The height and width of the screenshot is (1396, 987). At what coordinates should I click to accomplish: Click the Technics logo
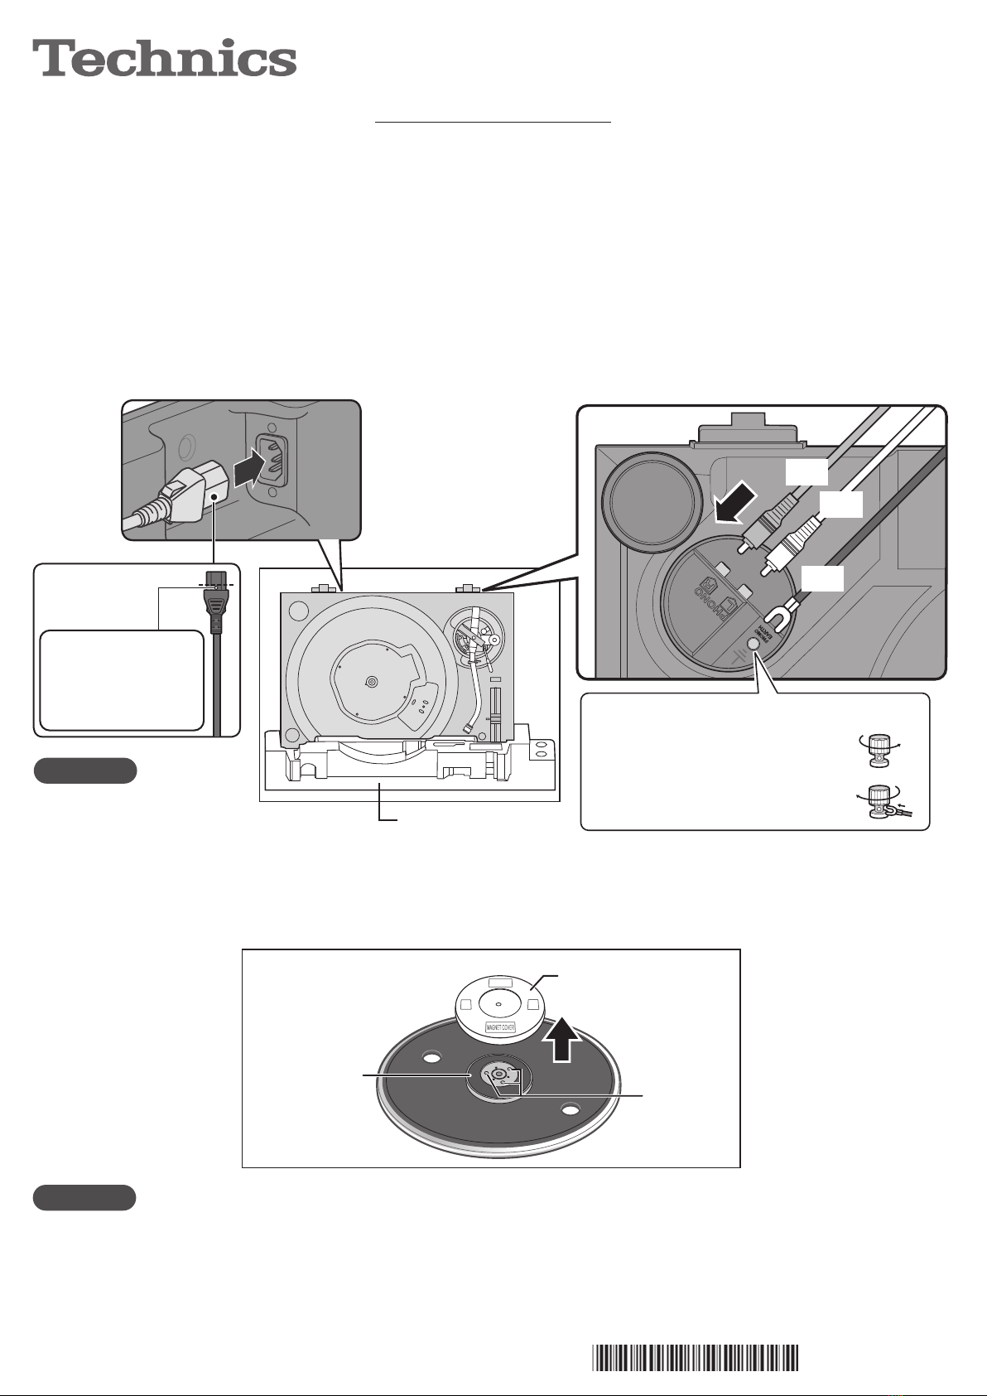[x=165, y=59]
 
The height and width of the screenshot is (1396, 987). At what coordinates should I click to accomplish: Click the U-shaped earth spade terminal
[x=779, y=616]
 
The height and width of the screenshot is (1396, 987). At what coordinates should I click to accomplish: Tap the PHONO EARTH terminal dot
[x=753, y=644]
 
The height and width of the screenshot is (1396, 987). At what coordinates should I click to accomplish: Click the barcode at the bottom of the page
[x=696, y=1358]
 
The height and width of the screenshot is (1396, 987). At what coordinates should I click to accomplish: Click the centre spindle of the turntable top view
[x=370, y=681]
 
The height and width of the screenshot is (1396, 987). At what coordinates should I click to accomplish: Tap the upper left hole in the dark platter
[x=431, y=1057]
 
